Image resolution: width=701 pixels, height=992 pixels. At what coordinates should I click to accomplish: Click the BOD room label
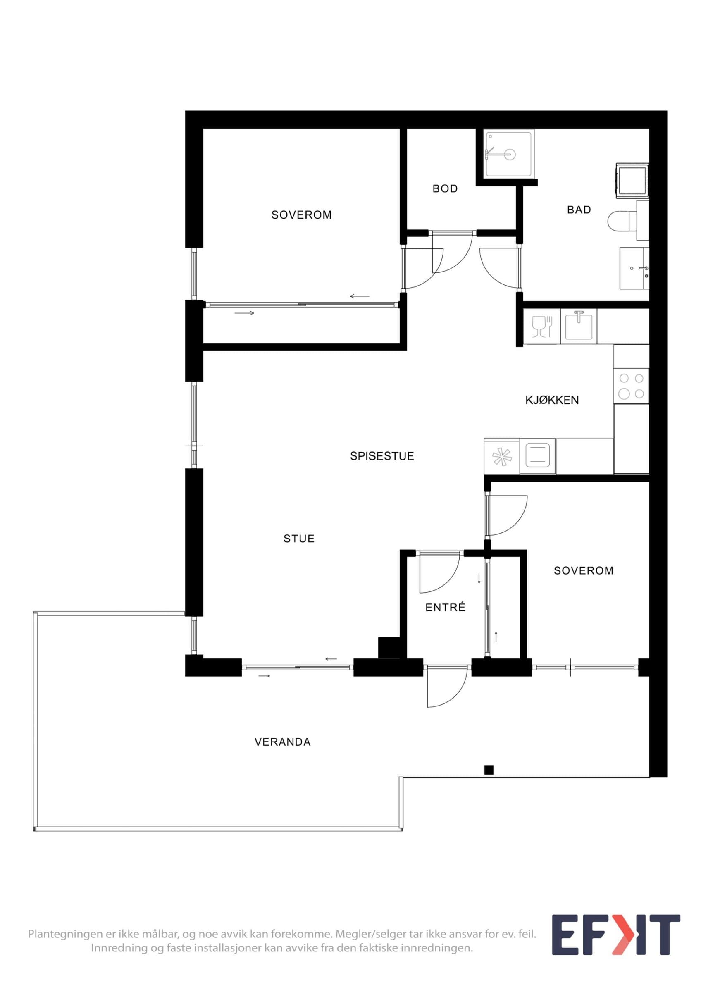445,188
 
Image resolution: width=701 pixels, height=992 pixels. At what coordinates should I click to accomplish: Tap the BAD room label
579,210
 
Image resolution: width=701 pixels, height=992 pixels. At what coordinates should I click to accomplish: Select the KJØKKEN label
552,400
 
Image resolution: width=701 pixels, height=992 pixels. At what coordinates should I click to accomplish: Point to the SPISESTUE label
382,456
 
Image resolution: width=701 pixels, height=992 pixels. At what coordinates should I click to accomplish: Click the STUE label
299,538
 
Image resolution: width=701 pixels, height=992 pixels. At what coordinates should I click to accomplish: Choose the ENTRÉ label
445,607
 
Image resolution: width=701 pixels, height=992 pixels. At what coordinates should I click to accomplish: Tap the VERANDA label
282,742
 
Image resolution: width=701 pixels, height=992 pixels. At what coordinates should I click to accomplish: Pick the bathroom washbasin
634,268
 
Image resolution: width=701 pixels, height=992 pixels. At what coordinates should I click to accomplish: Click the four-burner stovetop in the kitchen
631,386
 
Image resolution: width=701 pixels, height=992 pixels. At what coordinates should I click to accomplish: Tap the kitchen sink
579,326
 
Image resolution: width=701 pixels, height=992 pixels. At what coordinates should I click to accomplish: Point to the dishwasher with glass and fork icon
542,326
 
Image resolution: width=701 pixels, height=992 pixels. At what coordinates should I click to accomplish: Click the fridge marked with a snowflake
502,456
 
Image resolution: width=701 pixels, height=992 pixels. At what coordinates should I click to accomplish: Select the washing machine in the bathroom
632,181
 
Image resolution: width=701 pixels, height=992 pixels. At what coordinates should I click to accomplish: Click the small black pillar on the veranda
489,770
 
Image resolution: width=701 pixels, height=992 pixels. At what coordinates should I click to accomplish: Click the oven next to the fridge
538,456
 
